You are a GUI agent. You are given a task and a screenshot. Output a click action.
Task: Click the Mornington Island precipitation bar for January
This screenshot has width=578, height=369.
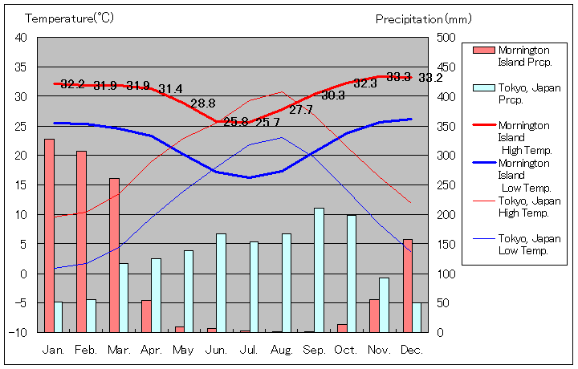pos(49,235)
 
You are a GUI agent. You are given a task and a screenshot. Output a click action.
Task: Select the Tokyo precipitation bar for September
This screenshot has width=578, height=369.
pos(319,270)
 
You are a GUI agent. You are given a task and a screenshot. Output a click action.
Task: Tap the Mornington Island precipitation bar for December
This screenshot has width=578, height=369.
pos(408,285)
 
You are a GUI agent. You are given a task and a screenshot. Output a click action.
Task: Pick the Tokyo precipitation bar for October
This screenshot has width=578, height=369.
pos(352,273)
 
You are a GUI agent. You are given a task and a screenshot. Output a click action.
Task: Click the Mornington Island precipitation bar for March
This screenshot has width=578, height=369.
pos(114,254)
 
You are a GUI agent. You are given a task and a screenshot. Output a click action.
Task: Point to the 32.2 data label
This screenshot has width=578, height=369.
pos(72,84)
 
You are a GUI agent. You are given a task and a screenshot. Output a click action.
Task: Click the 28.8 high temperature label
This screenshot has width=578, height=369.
pos(203,103)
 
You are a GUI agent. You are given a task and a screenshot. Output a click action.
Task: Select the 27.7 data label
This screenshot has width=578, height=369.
pos(301,110)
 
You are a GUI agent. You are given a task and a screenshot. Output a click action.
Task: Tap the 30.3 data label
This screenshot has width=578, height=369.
pos(333,95)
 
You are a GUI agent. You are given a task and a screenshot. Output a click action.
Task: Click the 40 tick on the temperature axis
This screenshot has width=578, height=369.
pos(21,38)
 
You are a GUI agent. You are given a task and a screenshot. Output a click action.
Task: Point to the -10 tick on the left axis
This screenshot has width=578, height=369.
pos(18,332)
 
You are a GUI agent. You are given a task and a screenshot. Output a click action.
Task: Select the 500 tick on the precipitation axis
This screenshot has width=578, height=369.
pos(446,38)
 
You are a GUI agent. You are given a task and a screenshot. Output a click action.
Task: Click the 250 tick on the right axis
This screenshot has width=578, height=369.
pos(446,185)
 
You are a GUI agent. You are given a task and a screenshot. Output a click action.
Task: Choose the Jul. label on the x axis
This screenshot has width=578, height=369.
pos(250,351)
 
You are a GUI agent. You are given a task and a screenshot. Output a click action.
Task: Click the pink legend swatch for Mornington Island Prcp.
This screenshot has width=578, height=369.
pos(483,51)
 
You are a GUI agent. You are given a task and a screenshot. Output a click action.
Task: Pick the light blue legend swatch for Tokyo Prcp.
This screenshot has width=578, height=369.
pos(483,88)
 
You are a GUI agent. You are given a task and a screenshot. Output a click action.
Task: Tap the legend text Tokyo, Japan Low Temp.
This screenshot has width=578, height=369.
pos(528,244)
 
